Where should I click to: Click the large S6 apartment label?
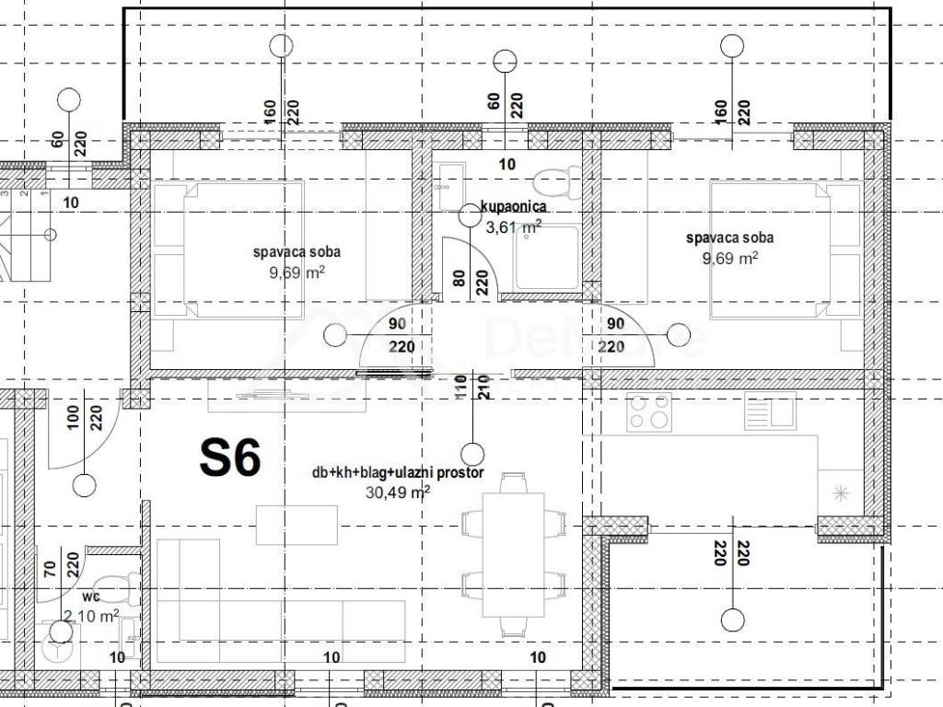pos(230,458)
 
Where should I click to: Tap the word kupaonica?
pos(512,208)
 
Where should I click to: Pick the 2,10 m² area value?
pos(90,615)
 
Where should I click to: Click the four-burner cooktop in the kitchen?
pos(648,411)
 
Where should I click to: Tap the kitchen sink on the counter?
pos(770,410)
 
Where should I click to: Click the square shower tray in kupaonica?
pos(546,257)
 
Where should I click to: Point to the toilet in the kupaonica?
pos(559,177)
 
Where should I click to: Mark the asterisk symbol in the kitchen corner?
pos(840,493)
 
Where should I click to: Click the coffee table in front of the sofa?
pos(297,524)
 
